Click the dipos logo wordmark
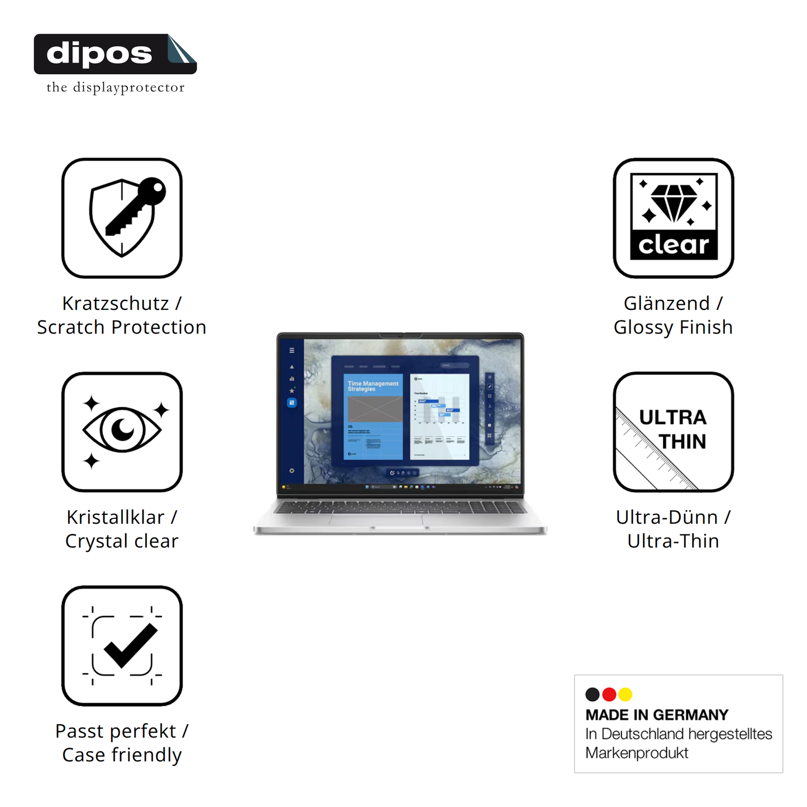tap(99, 54)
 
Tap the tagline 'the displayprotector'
tap(115, 88)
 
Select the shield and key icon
tap(122, 218)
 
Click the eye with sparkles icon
tap(122, 432)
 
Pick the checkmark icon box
tap(122, 646)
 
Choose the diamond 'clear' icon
tap(674, 218)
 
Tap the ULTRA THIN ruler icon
tap(674, 432)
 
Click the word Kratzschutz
tap(115, 303)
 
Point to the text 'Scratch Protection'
tap(122, 327)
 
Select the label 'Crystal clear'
tap(122, 541)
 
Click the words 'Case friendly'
tap(122, 755)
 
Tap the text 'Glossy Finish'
tap(673, 327)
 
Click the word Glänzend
tap(666, 303)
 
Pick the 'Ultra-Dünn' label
tap(666, 517)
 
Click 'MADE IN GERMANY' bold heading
tap(657, 715)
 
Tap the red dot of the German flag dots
tap(609, 694)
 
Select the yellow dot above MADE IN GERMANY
tap(625, 694)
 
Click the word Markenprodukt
tap(637, 753)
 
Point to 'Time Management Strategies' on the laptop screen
tap(373, 386)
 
